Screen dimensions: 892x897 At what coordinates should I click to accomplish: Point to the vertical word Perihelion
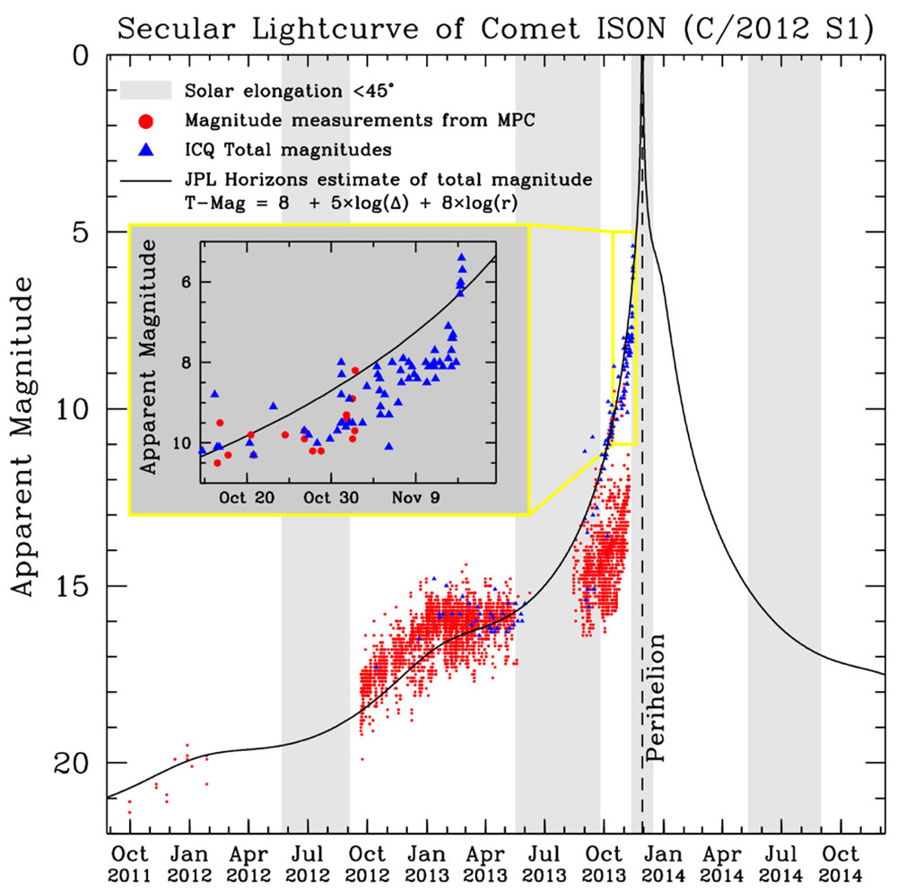point(658,697)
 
